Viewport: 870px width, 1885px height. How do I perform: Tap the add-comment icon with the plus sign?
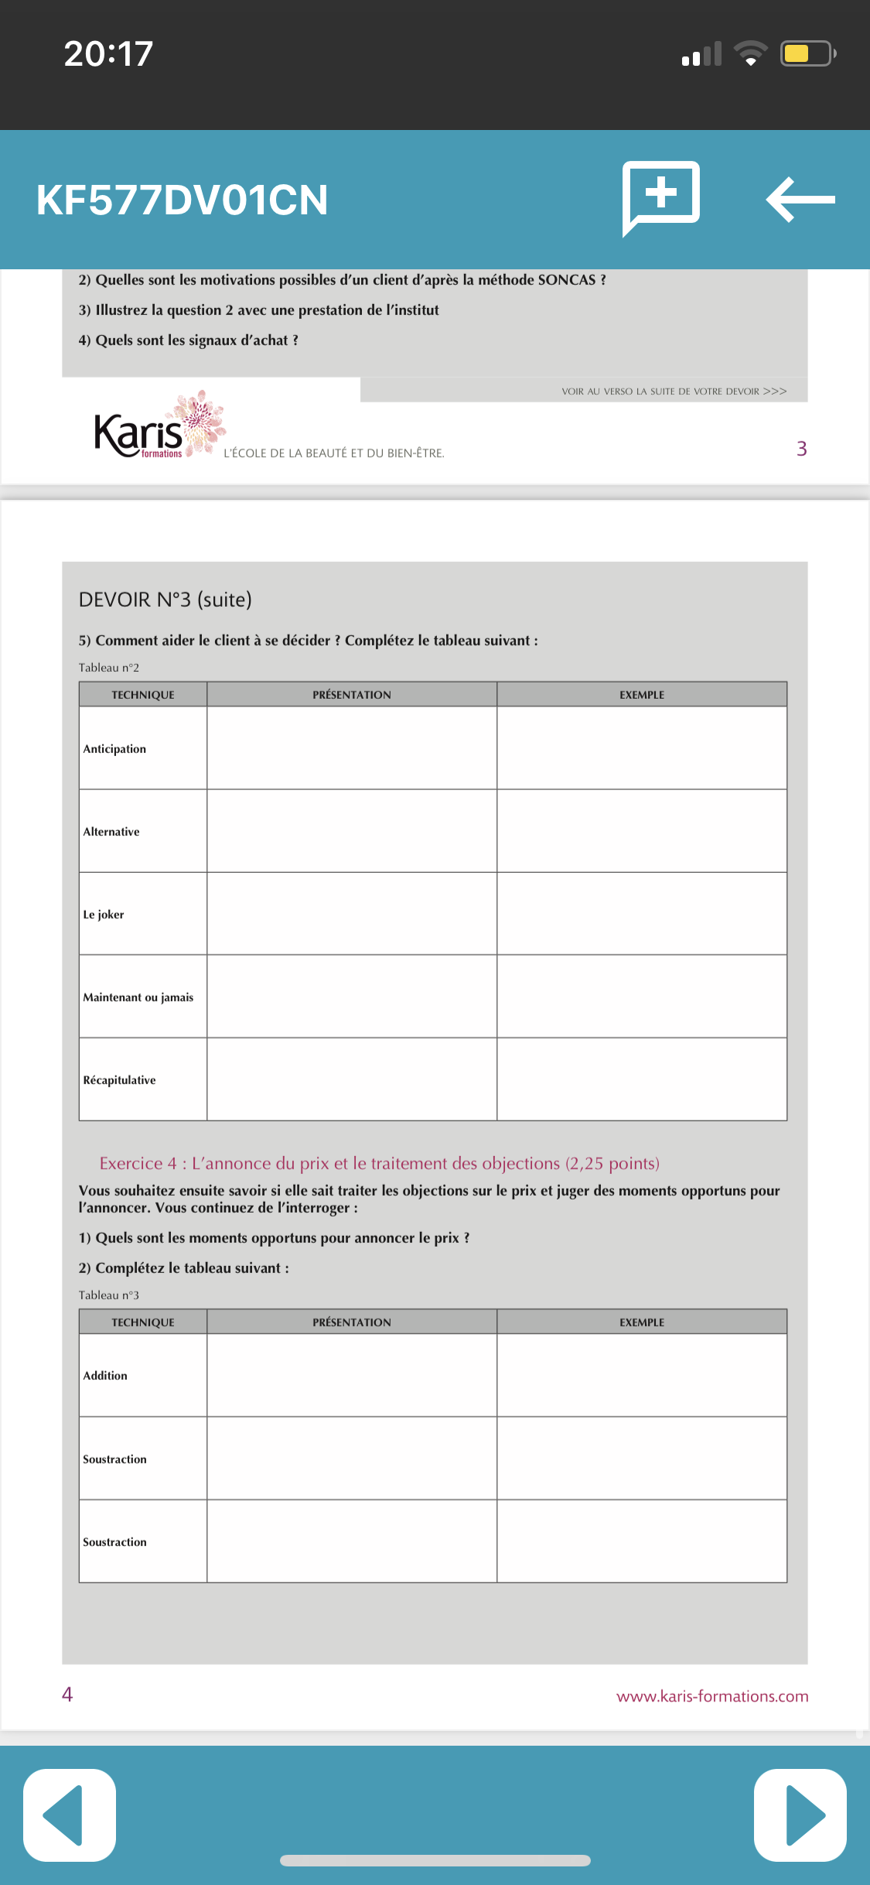[x=661, y=197]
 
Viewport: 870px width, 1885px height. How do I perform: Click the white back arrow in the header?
[x=800, y=200]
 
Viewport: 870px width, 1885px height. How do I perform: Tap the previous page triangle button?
[x=69, y=1815]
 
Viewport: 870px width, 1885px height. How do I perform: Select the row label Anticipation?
[x=114, y=749]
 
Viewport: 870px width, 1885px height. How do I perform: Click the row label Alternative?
[x=111, y=832]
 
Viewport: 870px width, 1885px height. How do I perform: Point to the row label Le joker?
[x=104, y=915]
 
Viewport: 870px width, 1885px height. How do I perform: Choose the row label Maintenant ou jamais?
[x=138, y=997]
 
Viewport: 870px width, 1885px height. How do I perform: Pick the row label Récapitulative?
[x=119, y=1080]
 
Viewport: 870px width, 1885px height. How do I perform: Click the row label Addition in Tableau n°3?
[x=105, y=1376]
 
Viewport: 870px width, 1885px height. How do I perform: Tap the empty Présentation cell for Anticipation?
[x=352, y=748]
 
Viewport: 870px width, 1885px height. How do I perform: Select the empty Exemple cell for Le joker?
[x=642, y=914]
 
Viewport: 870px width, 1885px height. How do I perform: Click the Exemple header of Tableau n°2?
[x=642, y=695]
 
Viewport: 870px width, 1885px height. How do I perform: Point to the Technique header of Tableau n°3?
[x=143, y=1322]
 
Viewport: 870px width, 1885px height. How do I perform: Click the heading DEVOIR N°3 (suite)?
[x=165, y=600]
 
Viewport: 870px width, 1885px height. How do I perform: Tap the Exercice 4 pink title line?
[x=379, y=1164]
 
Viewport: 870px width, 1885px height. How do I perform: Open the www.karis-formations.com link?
[x=712, y=1696]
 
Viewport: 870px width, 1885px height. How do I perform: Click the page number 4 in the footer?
[x=67, y=1695]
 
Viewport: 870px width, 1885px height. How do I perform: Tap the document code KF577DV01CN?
[x=183, y=200]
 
